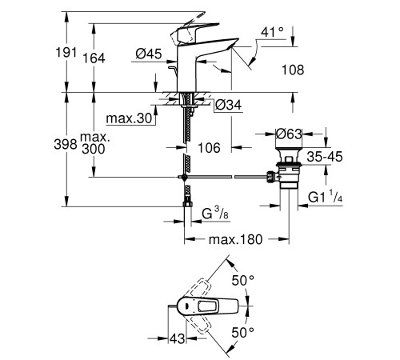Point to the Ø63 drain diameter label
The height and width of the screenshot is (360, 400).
[x=288, y=134]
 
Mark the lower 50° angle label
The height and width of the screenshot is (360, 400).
[x=242, y=330]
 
